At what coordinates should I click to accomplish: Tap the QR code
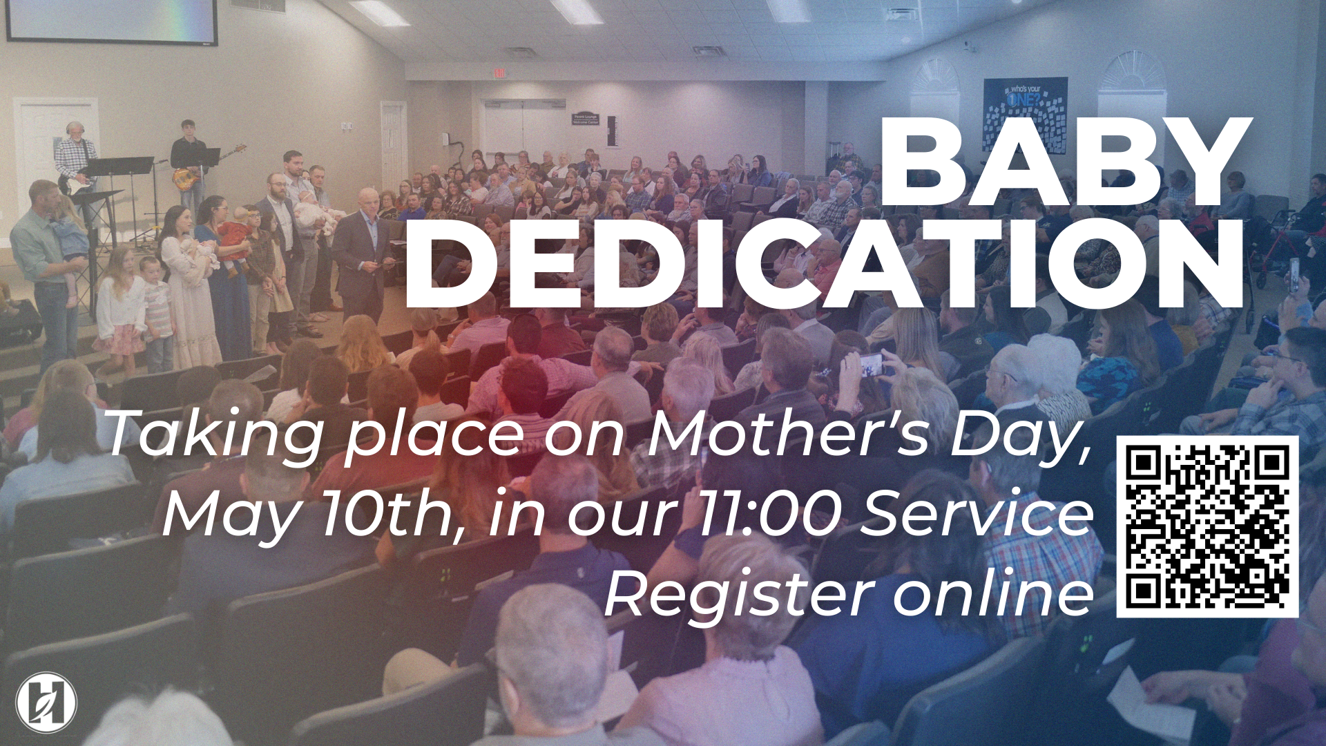coord(1207,526)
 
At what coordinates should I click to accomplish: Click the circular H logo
coord(46,702)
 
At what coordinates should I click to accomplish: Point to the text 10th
coord(387,515)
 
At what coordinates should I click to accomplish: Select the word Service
coord(977,515)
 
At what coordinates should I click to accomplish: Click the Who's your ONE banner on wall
coord(1025,115)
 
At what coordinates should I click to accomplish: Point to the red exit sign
coord(499,73)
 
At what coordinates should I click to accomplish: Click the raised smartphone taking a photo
coord(872,364)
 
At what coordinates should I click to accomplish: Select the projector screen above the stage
coord(110,21)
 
